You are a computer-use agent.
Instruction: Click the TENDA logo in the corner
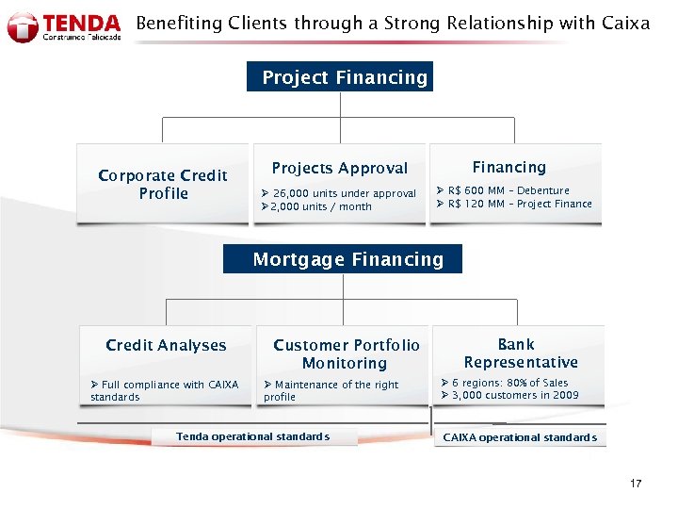point(64,26)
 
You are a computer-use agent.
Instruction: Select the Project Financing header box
point(344,77)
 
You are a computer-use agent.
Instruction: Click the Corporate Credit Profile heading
point(163,184)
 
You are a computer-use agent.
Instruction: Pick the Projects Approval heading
point(339,168)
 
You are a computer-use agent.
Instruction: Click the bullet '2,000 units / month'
point(320,206)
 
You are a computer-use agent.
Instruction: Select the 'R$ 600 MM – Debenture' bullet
point(508,190)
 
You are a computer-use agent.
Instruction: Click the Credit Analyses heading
point(166,345)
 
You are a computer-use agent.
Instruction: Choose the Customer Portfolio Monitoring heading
point(346,353)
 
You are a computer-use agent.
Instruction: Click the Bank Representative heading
point(520,353)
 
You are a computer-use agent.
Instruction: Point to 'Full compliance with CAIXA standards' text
point(164,390)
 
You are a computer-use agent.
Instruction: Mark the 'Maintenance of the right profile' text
point(331,390)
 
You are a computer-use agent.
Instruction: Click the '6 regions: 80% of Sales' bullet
point(509,383)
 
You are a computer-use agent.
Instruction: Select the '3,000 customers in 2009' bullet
point(515,395)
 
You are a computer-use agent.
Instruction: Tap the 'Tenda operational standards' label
point(252,436)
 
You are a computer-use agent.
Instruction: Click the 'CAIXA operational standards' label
point(520,437)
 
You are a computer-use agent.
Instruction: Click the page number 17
point(636,484)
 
